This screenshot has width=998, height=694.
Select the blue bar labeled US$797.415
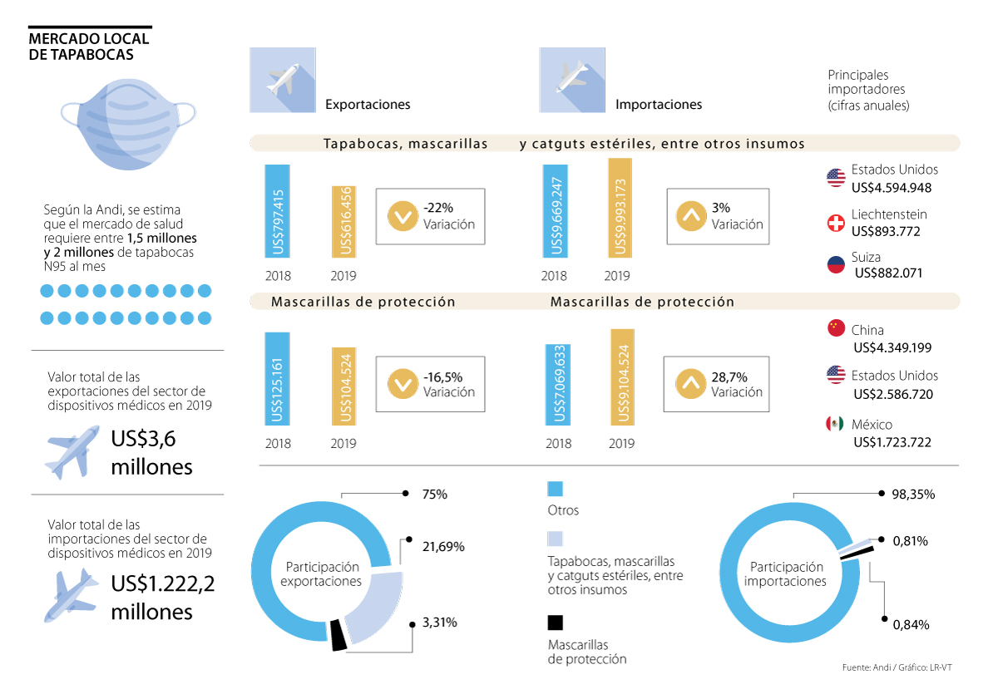278,211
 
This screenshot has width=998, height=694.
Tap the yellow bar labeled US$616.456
343,222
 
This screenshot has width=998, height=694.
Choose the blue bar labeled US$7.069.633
558,384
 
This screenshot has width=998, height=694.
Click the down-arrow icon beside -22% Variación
402,216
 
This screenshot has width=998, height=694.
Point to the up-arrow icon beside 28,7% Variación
690,384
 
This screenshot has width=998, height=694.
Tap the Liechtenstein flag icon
836,223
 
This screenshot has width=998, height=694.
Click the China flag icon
836,328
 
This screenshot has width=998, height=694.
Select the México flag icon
835,424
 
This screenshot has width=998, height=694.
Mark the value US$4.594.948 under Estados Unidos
892,187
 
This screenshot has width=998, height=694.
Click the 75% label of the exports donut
434,494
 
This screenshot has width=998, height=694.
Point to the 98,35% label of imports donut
913,494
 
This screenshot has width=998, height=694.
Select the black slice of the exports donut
338,634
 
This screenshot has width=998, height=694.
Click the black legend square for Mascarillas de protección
555,623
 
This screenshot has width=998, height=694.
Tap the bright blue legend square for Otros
555,488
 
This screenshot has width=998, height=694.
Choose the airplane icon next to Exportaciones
282,80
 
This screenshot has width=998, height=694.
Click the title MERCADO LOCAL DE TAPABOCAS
88,47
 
